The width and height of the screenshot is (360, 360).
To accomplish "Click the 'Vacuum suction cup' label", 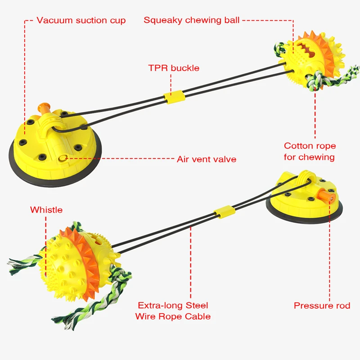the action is pos(81,20).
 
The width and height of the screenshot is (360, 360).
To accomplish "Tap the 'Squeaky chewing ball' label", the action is pos(192,20).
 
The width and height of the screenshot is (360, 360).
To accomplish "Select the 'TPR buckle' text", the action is pos(174,68).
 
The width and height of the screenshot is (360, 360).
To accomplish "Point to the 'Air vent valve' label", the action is pos(206,159).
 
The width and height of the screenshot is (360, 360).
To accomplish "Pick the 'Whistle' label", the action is pos(46,210).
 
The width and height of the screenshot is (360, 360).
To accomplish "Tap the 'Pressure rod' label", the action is pos(322,306).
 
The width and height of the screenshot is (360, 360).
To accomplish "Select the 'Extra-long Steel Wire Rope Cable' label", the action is pos(173,311).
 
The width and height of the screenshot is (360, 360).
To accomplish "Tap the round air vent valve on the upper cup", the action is pos(63,157).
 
